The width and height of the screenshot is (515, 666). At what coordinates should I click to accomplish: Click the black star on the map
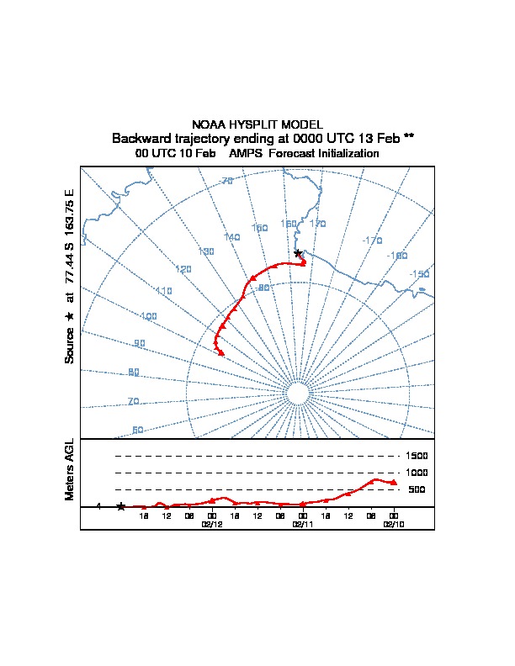[x=297, y=253]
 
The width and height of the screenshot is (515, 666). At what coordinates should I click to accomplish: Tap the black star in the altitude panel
[x=121, y=506]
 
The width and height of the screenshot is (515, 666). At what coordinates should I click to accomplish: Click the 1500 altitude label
[x=417, y=456]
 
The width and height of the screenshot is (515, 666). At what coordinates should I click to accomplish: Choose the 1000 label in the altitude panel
[x=417, y=473]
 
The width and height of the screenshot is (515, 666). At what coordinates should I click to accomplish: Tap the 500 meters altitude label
[x=417, y=489]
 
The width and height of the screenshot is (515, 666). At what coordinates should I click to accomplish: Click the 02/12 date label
[x=212, y=524]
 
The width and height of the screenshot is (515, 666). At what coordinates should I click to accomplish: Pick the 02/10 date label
[x=393, y=524]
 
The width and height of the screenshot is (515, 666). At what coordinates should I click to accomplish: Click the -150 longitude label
[x=419, y=274]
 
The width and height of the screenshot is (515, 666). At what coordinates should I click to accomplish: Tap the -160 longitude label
[x=397, y=256]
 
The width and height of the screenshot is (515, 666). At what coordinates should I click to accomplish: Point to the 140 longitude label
[x=232, y=237]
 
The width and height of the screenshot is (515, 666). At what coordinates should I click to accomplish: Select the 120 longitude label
[x=183, y=269]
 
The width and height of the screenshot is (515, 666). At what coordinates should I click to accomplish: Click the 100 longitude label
[x=149, y=317]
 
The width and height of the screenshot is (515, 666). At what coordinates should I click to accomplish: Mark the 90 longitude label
[x=140, y=343]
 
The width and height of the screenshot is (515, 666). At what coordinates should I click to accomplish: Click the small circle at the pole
[x=296, y=394]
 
